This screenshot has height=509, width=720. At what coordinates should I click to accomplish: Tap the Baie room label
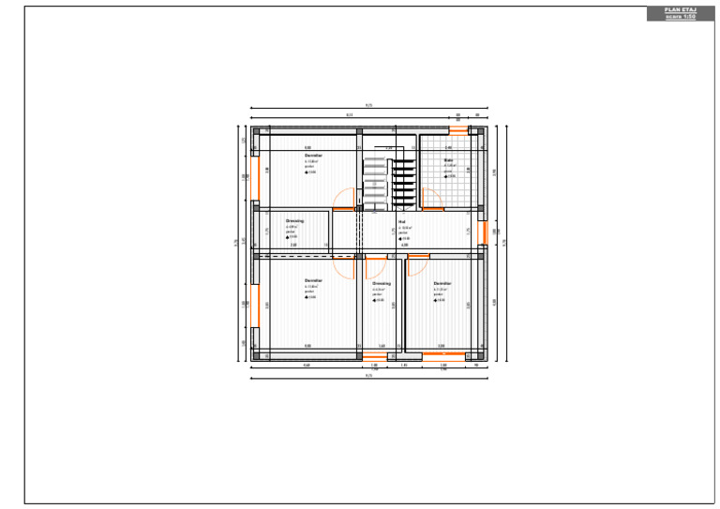click(448, 160)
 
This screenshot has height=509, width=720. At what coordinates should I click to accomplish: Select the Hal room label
click(401, 222)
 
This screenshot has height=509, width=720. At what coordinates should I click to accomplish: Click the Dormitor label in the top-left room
click(313, 155)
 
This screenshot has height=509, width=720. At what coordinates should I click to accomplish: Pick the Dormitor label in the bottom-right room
click(442, 282)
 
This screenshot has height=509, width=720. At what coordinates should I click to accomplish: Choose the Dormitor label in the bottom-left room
click(313, 280)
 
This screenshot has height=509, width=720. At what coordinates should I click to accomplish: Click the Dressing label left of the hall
click(294, 220)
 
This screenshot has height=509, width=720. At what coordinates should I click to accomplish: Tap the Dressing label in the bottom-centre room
click(381, 282)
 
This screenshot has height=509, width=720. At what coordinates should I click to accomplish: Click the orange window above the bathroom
click(457, 131)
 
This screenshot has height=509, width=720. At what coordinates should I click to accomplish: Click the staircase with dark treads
click(401, 178)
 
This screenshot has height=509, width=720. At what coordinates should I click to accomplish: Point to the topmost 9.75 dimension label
click(368, 105)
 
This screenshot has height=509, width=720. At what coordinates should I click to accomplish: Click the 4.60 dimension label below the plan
click(307, 367)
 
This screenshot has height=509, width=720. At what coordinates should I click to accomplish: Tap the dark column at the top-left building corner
click(255, 130)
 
